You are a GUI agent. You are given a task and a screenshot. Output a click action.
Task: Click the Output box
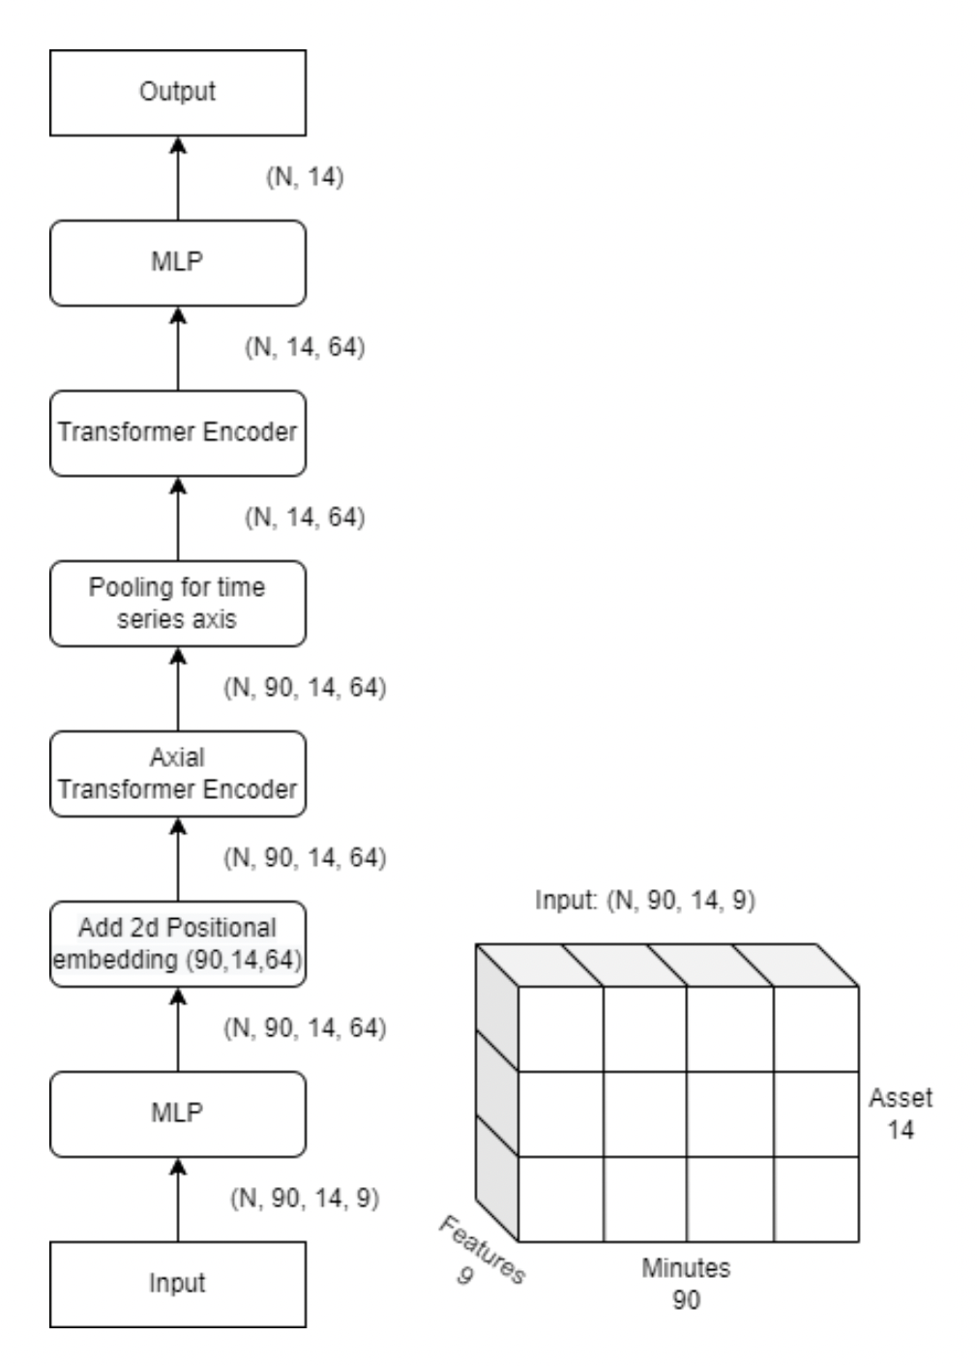178,93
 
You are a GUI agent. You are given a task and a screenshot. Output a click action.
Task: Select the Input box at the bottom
178,1284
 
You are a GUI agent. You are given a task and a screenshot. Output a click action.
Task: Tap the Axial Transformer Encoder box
178,773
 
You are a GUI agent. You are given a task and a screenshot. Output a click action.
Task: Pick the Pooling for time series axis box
178,603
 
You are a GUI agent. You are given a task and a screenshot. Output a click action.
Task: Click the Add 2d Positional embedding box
178,943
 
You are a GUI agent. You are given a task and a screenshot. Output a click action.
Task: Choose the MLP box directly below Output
178,262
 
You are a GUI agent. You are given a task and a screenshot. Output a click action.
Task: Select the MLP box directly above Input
178,1114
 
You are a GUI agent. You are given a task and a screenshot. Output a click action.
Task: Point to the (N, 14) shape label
304,178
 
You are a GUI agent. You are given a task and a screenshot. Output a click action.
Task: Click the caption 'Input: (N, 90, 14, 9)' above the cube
645,901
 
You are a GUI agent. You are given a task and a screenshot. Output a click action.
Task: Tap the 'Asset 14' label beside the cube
901,1113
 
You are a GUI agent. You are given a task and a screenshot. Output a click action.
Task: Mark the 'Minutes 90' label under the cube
686,1283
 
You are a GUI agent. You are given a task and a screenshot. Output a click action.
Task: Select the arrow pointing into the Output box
178,178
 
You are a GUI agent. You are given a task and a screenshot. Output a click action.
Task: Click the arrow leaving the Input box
178,1200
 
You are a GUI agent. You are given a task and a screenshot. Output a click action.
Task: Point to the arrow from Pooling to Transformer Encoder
178,519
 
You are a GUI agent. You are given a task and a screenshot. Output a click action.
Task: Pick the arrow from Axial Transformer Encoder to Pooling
178,689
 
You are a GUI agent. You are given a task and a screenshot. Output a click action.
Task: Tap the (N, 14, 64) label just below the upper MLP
304,347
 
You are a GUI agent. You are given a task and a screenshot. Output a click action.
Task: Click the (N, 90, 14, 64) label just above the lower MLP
304,1027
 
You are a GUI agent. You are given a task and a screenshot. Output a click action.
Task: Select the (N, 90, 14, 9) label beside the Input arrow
304,1198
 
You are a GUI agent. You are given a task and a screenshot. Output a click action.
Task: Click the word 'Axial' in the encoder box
178,757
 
